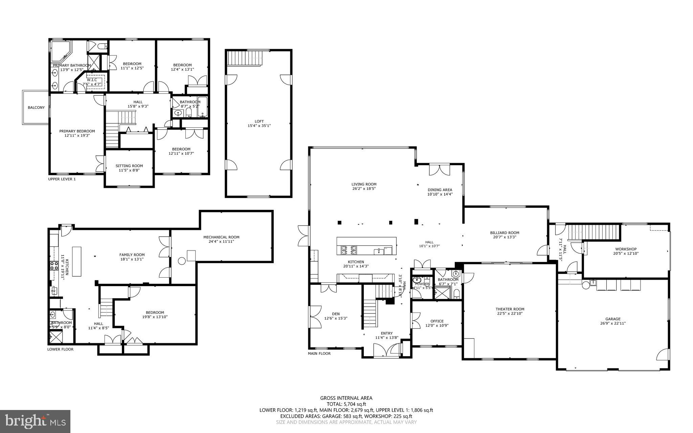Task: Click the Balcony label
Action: (x=36, y=108)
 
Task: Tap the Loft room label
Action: (x=259, y=124)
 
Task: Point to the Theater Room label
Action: (x=510, y=311)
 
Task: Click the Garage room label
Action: (x=613, y=321)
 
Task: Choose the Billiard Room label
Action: (x=505, y=235)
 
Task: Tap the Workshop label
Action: (x=626, y=251)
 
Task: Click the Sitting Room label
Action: (x=129, y=168)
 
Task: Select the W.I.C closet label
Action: (x=92, y=82)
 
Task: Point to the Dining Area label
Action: (x=440, y=192)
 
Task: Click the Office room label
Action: (x=437, y=323)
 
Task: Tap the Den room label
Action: (x=336, y=316)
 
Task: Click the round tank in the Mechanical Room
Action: (x=181, y=261)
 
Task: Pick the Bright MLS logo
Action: (x=35, y=421)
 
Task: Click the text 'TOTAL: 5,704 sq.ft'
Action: (x=346, y=404)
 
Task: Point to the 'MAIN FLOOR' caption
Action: (x=319, y=353)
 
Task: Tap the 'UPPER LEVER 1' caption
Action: (x=62, y=179)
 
